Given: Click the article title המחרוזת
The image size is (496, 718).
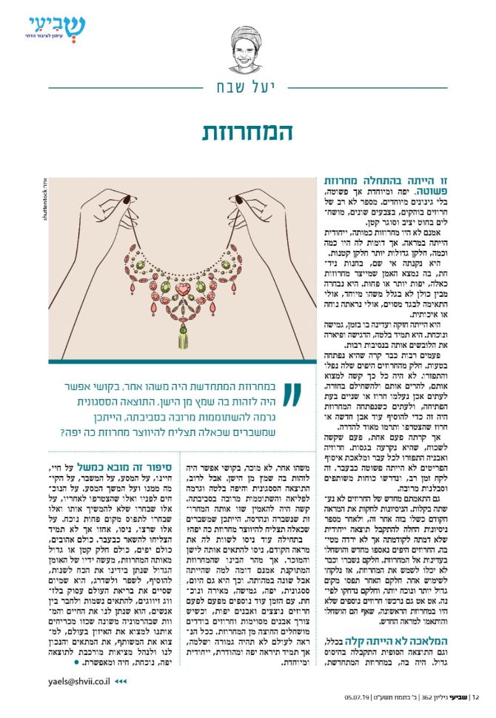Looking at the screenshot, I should (247, 132).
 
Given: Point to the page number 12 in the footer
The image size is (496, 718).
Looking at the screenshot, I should (475, 696).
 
